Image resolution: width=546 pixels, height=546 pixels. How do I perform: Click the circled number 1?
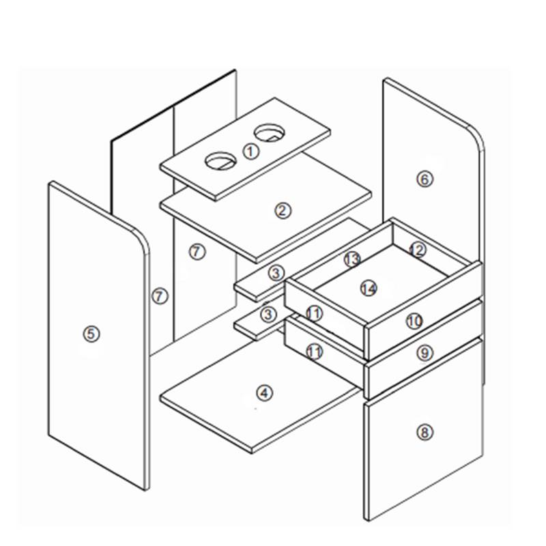tap(250, 152)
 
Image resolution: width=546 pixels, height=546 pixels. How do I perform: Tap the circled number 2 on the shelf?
tap(283, 211)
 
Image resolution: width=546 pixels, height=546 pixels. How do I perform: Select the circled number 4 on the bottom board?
tap(265, 394)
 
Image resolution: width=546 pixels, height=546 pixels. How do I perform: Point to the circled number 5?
tap(91, 334)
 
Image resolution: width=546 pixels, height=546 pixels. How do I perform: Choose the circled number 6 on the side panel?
tap(425, 179)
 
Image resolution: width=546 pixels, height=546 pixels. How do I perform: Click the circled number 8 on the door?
tap(425, 433)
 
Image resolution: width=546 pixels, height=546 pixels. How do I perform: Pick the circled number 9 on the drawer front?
tap(425, 353)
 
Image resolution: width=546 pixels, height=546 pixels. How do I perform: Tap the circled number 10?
tap(414, 321)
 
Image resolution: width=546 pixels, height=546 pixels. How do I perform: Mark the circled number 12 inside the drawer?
tap(418, 250)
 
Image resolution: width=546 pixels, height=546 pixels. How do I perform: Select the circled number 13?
tap(352, 259)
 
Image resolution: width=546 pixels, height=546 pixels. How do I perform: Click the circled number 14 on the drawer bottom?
tap(369, 288)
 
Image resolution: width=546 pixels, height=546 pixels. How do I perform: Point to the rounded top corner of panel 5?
tap(142, 240)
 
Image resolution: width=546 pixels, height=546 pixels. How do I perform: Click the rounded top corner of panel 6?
tap(476, 135)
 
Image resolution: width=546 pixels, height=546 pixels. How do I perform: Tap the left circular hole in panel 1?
tap(220, 161)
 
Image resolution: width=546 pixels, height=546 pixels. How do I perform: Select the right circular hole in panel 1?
tap(269, 133)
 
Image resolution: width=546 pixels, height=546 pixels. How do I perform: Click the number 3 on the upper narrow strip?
tap(276, 273)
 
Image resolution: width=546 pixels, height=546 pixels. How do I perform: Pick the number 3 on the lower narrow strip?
tap(268, 315)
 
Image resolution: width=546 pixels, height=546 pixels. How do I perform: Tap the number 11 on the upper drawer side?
tap(314, 313)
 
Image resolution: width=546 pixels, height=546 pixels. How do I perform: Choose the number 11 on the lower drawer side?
tap(314, 352)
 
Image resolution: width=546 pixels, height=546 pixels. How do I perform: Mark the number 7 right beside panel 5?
tap(160, 296)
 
